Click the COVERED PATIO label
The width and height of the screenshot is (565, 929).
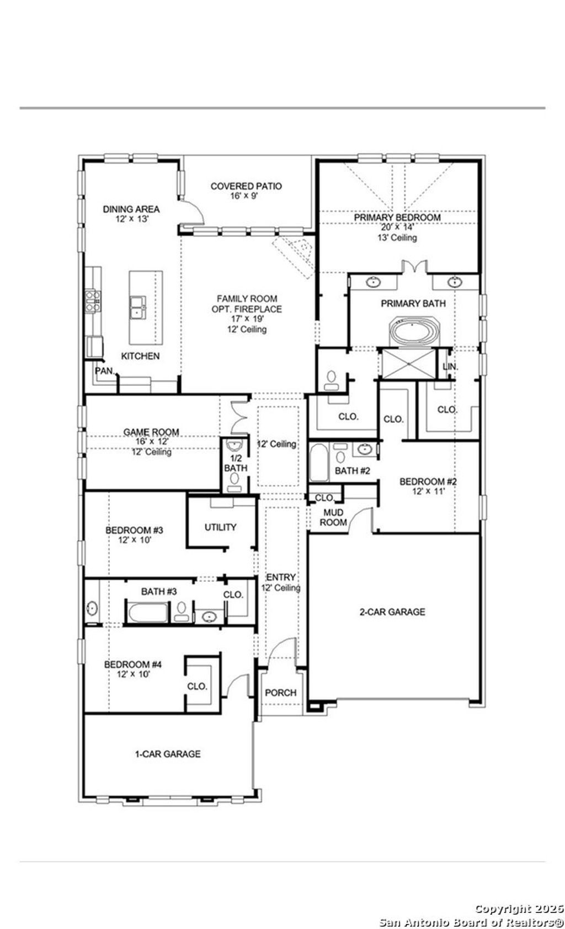[246, 186]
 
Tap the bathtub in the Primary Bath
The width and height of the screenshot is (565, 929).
[414, 332]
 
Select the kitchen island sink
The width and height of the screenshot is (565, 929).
[137, 307]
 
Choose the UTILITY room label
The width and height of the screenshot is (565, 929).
[220, 527]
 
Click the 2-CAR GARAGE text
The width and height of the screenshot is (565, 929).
[392, 612]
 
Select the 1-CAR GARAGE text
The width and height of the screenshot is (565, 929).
[168, 754]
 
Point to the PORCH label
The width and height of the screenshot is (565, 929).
[280, 693]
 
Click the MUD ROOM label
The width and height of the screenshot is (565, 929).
[333, 517]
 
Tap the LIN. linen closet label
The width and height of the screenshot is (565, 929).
[450, 366]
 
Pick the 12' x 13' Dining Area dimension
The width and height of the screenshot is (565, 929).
[131, 219]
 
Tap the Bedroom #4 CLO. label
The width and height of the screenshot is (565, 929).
[197, 687]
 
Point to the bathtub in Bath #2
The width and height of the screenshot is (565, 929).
[318, 462]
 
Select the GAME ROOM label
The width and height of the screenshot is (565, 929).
[151, 433]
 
